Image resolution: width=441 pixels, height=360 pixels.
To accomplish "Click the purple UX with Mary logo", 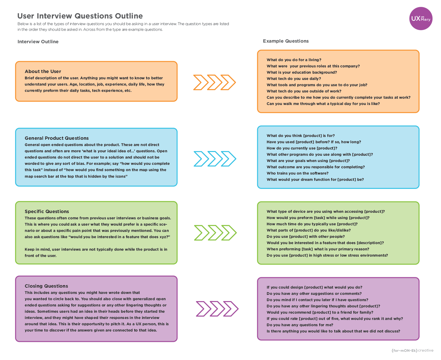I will [421, 18].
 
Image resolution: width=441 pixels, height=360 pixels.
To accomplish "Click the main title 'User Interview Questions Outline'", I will [80, 16].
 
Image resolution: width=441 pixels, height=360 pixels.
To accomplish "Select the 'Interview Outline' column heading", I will [38, 42].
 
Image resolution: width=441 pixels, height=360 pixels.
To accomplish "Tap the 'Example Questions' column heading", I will [285, 41].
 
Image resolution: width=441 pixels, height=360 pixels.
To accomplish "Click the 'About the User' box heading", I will [43, 71].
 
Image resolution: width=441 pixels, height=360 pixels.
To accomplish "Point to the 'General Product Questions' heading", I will [57, 138].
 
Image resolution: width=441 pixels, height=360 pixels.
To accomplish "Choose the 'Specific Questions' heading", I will [47, 211].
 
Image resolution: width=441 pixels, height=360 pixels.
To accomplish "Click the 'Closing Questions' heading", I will [46, 286].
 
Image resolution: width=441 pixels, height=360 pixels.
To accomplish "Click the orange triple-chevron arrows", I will [214, 82].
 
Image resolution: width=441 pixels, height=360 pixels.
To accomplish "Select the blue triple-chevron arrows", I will [215, 159].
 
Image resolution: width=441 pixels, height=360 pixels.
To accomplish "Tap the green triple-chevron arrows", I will [215, 233].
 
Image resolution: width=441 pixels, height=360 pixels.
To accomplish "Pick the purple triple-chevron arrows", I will [217, 309].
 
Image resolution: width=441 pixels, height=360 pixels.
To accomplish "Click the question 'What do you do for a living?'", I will [294, 60].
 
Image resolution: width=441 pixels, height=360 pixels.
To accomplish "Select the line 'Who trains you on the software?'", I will [297, 173].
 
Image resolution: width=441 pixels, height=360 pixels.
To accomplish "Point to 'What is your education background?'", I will [302, 72].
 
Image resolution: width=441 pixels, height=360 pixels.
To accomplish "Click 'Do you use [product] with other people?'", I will [305, 237].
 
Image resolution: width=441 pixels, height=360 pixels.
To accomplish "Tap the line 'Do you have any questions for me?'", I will [300, 325].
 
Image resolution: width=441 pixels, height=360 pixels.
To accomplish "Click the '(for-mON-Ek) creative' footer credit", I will [412, 350].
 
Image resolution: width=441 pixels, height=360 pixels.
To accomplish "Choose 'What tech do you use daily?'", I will [294, 79].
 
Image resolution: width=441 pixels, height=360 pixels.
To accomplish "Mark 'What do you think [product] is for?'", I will [300, 136].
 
